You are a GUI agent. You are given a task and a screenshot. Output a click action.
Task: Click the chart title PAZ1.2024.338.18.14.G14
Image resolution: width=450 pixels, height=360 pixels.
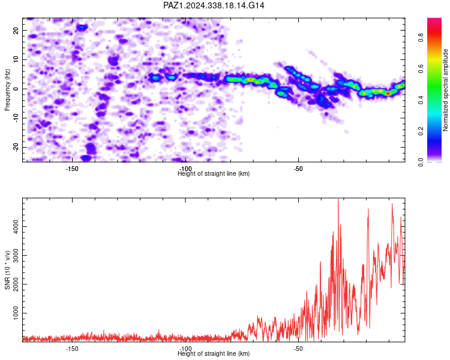[214, 5]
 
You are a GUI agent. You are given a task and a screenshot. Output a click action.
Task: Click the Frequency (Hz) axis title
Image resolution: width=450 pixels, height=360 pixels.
[7, 90]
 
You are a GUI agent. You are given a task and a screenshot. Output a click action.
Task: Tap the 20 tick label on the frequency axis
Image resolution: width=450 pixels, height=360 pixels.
[16, 30]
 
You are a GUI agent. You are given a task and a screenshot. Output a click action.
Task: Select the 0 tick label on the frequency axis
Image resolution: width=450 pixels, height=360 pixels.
[16, 89]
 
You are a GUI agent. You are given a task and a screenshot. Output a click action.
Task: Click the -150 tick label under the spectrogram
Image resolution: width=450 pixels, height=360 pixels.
[72, 169]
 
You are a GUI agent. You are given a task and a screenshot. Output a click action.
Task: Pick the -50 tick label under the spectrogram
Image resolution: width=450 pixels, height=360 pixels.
[298, 169]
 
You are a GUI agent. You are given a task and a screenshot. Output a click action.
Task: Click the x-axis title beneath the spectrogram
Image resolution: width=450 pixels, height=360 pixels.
[214, 173]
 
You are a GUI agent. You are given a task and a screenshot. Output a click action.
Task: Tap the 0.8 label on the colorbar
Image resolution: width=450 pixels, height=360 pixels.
[421, 37]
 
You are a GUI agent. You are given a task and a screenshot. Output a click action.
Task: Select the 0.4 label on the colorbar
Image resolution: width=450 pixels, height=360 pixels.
[421, 100]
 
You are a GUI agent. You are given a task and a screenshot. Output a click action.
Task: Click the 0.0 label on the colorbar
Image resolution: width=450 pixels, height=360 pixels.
[421, 162]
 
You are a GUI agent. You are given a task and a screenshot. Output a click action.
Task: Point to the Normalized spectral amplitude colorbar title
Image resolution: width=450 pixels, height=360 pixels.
[445, 90]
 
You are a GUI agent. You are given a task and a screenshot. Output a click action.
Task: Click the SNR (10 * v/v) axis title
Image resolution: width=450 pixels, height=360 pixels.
[7, 270]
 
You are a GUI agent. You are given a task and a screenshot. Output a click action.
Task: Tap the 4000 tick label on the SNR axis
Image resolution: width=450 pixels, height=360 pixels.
[16, 227]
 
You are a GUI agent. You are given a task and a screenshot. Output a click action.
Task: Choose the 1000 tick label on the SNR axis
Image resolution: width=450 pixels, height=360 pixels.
[16, 313]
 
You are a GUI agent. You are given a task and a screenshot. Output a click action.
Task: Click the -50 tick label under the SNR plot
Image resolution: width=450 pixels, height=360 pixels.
[298, 349]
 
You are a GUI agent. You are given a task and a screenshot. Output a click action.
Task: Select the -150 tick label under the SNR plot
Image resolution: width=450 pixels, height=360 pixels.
[72, 349]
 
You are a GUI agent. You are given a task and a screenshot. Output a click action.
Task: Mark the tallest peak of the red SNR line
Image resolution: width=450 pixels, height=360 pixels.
[338, 199]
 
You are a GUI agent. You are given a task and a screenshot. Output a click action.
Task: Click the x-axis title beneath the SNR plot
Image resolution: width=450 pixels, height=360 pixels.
[214, 353]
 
